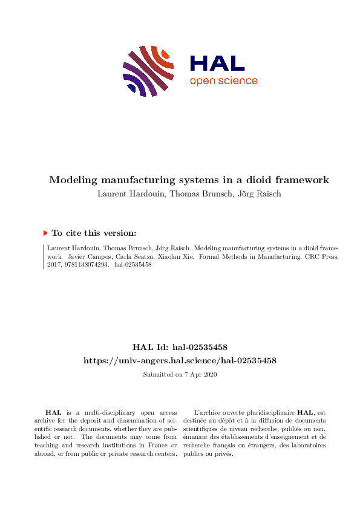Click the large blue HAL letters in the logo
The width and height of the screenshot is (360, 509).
click(217, 63)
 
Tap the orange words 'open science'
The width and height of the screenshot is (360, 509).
click(223, 81)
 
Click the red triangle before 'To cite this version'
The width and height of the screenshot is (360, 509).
click(45, 233)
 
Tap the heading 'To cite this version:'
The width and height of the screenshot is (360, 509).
click(94, 233)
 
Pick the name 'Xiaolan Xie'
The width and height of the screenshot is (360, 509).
click(165, 256)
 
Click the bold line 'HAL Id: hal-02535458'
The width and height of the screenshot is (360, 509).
click(180, 348)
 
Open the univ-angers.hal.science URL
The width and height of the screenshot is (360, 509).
click(180, 360)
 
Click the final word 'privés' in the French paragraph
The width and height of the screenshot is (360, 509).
click(223, 454)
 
